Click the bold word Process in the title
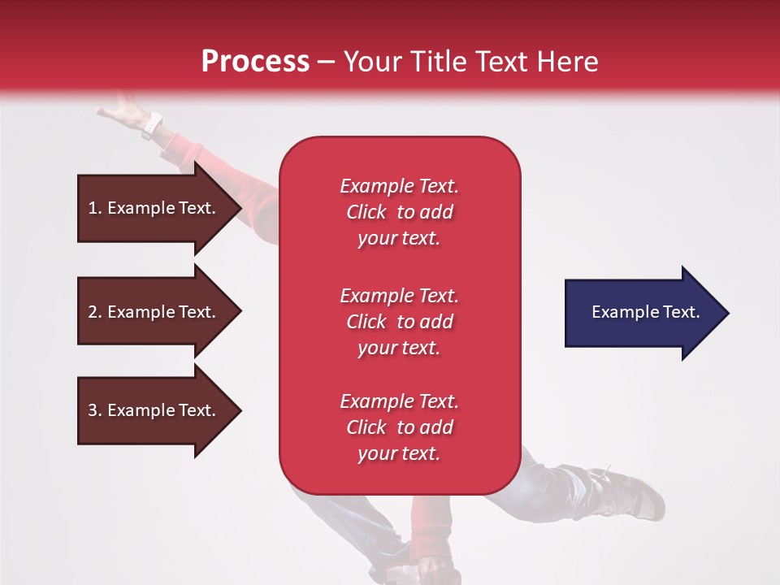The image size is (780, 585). [x=255, y=62]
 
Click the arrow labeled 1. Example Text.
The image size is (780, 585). [x=154, y=208]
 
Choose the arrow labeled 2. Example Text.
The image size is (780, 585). [x=154, y=312]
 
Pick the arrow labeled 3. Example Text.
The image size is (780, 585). [x=154, y=410]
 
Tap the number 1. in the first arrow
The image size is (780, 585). [x=95, y=208]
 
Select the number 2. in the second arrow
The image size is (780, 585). [x=95, y=312]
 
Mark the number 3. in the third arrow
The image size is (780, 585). [x=95, y=410]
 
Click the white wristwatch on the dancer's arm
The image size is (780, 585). [x=152, y=126]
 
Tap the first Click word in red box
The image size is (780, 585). [x=366, y=212]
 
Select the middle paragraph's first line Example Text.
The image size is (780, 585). [x=399, y=295]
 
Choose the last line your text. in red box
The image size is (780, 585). [x=399, y=453]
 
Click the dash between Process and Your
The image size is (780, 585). [x=326, y=62]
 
